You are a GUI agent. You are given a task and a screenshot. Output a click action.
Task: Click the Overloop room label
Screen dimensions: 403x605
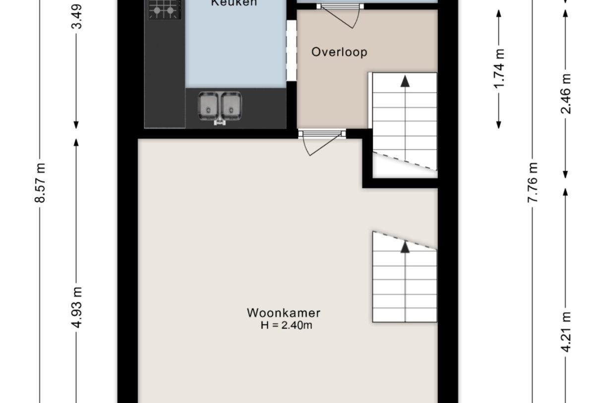pyautogui.click(x=339, y=52)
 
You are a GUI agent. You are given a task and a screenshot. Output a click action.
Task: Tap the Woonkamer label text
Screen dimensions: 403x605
pyautogui.click(x=284, y=313)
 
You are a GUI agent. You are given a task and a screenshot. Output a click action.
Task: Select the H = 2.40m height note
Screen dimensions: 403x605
pyautogui.click(x=286, y=326)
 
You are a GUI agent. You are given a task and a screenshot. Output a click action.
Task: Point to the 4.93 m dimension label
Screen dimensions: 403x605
pyautogui.click(x=76, y=308)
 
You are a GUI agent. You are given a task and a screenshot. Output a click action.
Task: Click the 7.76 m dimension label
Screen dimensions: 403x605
pyautogui.click(x=533, y=182)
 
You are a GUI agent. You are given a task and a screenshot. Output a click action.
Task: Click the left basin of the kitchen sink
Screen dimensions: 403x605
pyautogui.click(x=208, y=105)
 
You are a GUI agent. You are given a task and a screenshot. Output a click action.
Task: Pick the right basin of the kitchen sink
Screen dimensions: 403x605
pyautogui.click(x=231, y=105)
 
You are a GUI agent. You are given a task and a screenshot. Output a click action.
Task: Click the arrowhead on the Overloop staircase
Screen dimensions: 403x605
pyautogui.click(x=405, y=82)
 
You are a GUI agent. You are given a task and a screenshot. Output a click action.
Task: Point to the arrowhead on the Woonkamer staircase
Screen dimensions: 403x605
pyautogui.click(x=405, y=246)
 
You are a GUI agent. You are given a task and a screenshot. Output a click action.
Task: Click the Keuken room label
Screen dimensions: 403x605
pyautogui.click(x=234, y=3)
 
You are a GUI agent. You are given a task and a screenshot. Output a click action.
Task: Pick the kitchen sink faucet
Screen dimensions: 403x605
pyautogui.click(x=219, y=121)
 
